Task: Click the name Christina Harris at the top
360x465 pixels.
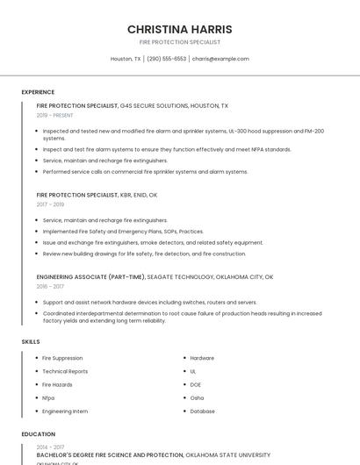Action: coord(179,29)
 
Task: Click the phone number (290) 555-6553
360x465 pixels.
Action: coord(166,59)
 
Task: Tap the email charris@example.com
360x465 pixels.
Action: coord(220,59)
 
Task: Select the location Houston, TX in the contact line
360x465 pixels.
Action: coord(126,59)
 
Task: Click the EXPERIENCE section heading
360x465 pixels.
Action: coord(38,92)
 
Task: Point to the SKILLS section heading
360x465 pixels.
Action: coord(30,341)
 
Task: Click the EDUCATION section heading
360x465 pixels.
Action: coord(38,434)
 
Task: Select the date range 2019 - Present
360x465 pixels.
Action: coord(55,115)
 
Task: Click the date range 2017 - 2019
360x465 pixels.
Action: coord(50,204)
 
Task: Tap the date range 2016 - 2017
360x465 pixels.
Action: coord(50,286)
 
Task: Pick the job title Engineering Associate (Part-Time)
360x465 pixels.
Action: coord(90,276)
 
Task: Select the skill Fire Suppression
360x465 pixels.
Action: coord(62,358)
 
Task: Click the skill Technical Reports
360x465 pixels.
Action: coord(65,371)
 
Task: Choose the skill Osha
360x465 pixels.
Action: coord(197,397)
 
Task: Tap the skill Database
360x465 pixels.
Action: coord(202,411)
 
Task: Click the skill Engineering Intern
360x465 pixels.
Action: coord(65,411)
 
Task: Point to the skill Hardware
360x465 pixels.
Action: coord(202,358)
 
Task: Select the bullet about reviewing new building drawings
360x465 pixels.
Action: coord(144,254)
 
